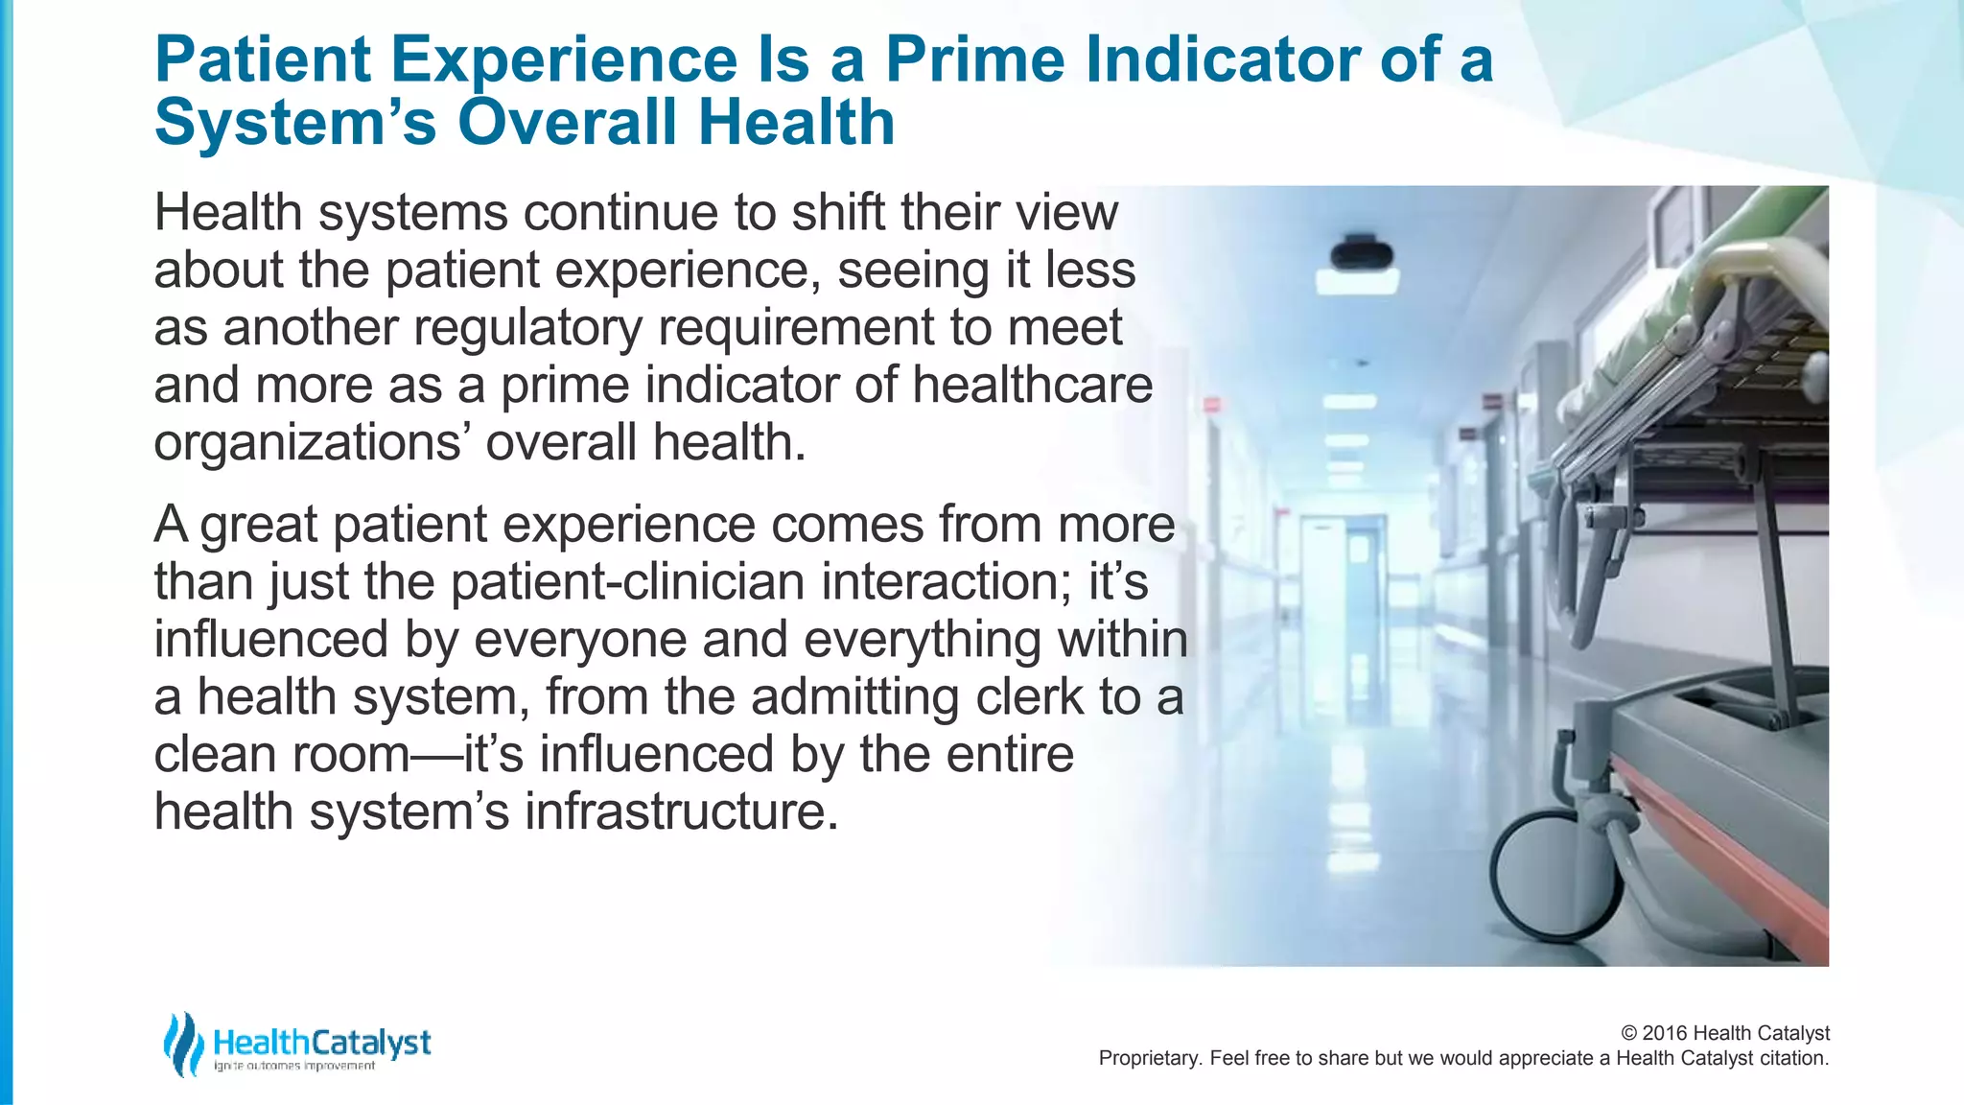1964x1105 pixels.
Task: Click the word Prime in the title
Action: [974, 59]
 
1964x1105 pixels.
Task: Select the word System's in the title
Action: [295, 123]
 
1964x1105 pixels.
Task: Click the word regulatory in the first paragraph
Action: [527, 328]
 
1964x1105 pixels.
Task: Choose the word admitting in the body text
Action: [854, 697]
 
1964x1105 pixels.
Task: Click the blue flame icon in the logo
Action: [182, 1044]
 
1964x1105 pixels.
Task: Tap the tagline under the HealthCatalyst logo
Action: [294, 1067]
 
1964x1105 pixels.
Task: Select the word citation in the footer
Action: [1793, 1058]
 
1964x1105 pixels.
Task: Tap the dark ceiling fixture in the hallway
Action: [1360, 254]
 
